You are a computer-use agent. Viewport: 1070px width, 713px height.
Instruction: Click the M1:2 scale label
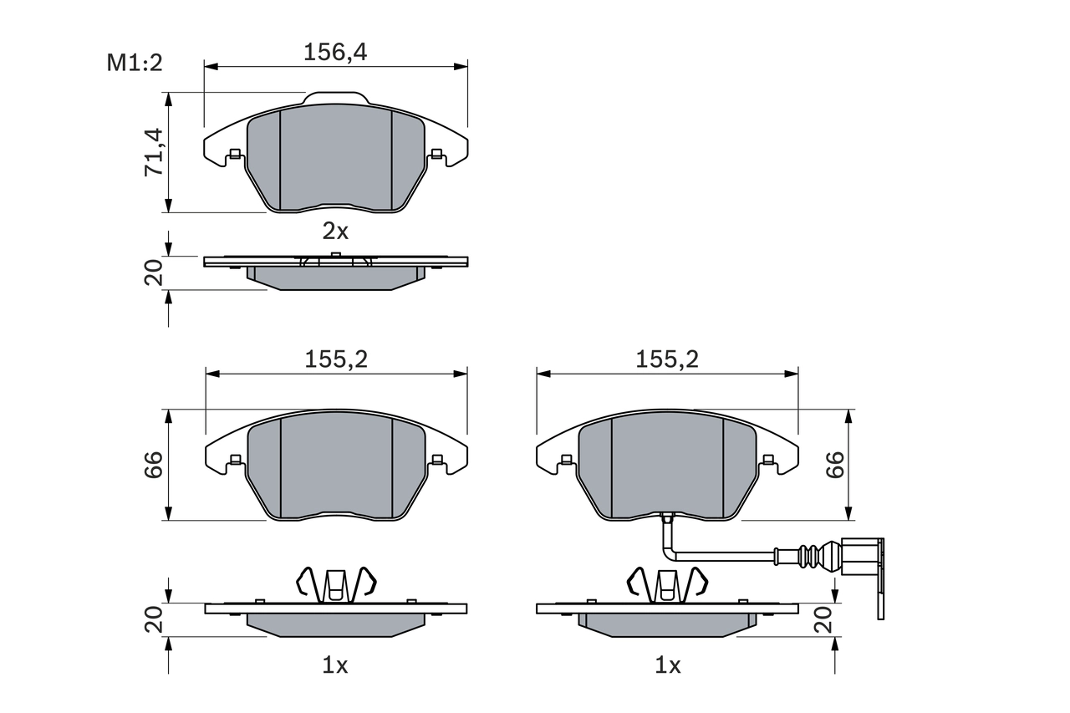click(x=134, y=63)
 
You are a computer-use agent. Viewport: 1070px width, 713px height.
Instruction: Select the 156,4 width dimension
click(x=335, y=53)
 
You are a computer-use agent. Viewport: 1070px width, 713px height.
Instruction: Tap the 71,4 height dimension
click(x=154, y=152)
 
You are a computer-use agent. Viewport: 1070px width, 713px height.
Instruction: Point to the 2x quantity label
click(x=335, y=231)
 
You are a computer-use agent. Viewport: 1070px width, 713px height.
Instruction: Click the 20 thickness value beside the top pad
click(x=154, y=273)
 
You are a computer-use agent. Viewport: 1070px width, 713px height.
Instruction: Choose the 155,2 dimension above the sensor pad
click(x=666, y=359)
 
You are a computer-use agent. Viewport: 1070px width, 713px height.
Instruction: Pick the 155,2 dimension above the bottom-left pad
click(x=336, y=359)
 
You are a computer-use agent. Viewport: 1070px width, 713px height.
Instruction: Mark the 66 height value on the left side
click(x=154, y=466)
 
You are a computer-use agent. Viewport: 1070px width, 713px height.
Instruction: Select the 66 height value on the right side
click(x=834, y=466)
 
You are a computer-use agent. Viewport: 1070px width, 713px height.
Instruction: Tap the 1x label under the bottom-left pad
click(x=335, y=665)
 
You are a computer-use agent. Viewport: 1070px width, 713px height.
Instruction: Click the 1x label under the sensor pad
click(x=667, y=665)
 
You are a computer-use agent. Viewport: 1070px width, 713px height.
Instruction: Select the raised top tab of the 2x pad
click(x=335, y=99)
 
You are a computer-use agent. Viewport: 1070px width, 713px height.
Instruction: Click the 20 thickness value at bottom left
click(x=154, y=619)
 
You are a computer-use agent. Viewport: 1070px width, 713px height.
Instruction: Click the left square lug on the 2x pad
click(x=235, y=153)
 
